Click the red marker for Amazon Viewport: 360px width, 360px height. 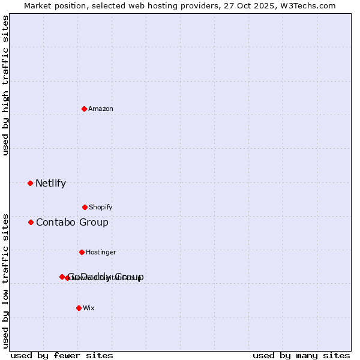[84, 109]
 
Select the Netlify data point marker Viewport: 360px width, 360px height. [30, 183]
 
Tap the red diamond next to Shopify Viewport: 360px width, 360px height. [85, 207]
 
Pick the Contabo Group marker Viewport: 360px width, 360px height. [31, 222]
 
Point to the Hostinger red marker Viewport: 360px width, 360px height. [82, 252]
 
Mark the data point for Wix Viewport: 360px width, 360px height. [79, 308]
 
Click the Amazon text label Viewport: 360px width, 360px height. [101, 109]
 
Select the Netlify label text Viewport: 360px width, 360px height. [50, 184]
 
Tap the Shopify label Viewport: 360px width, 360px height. [101, 207]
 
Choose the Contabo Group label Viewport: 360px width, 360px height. [72, 223]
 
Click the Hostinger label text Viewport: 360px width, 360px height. [101, 252]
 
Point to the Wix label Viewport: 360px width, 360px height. [89, 308]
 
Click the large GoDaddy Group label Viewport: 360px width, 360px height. [106, 277]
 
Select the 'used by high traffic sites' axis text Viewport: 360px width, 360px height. [5, 86]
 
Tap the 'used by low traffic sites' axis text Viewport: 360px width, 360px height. [5, 281]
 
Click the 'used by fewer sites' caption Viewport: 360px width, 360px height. [62, 355]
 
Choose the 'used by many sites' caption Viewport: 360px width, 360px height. [301, 355]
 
